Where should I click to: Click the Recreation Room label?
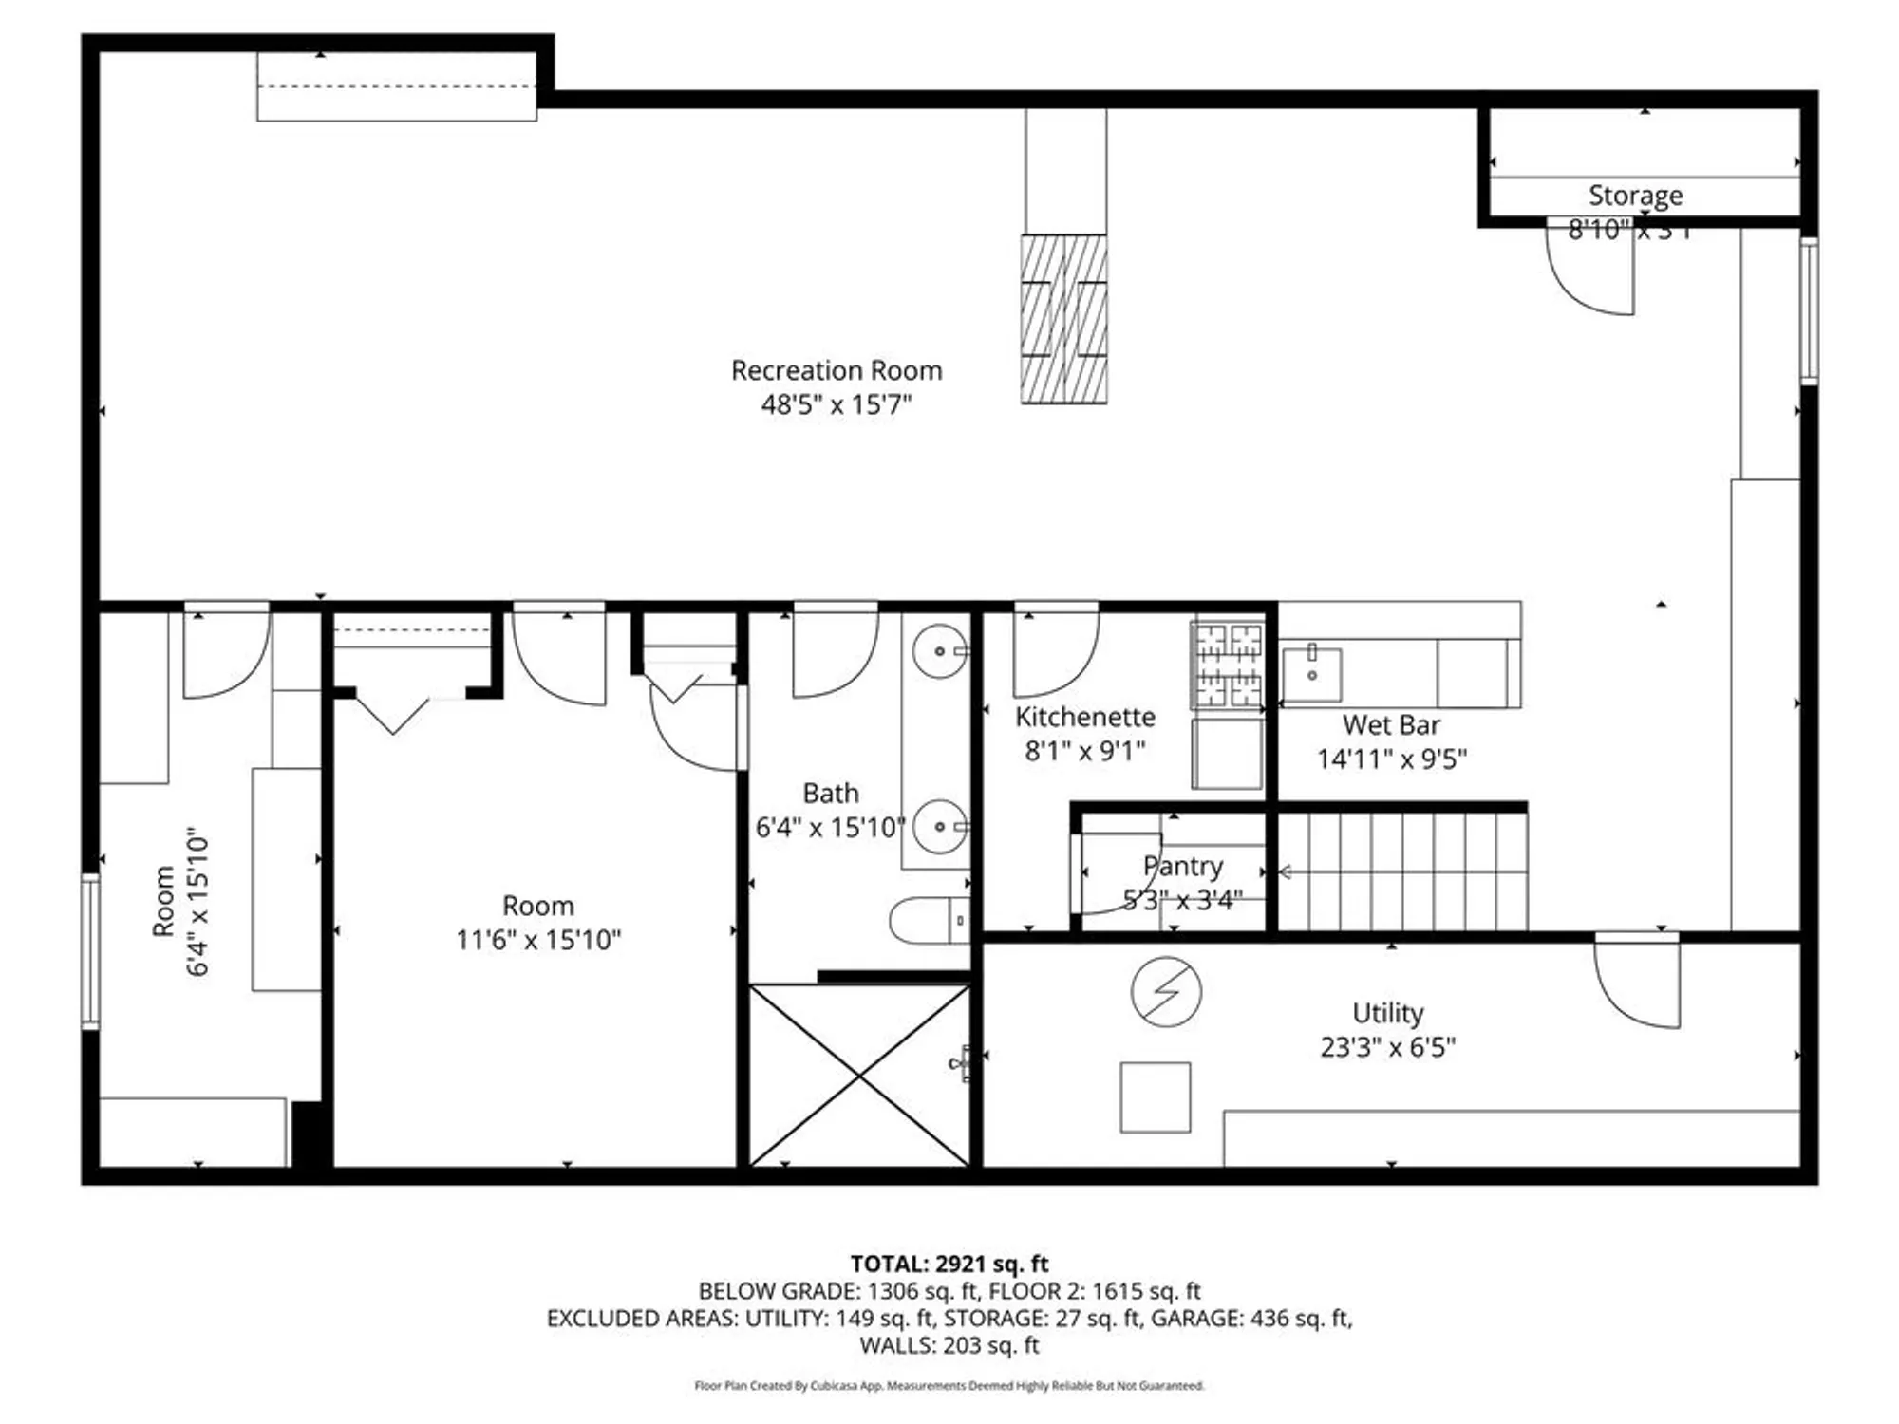pos(837,370)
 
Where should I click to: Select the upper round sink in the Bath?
pos(939,651)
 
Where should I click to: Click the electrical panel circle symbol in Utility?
pos(1166,991)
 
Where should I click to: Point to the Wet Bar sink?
pos(1311,674)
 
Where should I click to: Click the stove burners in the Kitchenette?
pos(1229,665)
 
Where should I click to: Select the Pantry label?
pos(1182,866)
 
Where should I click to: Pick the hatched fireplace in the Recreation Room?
pos(1063,319)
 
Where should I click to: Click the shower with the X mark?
pos(859,1076)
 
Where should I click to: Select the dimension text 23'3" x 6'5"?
pos(1387,1047)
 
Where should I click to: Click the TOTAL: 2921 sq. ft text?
pos(949,1264)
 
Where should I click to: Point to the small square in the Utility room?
pos(1155,1097)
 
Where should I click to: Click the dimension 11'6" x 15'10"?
pos(537,940)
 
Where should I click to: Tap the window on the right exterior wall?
pos(1809,311)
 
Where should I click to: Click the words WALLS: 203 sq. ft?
pos(949,1345)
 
